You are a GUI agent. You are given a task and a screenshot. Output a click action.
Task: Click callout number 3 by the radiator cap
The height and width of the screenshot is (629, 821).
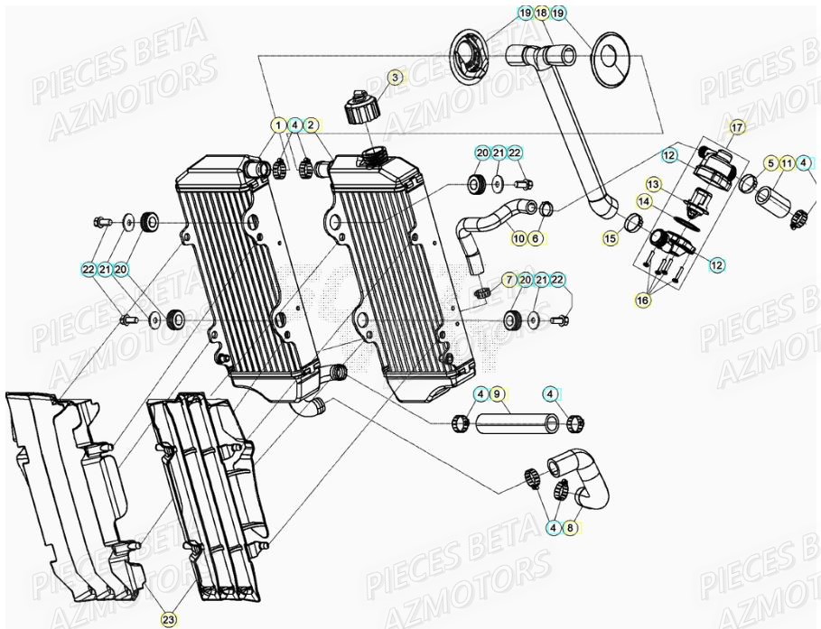point(395,79)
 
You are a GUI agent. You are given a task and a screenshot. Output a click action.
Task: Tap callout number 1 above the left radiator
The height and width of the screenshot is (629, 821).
point(278,125)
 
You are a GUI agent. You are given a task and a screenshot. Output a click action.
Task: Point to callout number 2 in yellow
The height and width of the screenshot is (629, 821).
point(310,125)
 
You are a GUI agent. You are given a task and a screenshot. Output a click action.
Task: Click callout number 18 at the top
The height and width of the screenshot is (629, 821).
point(541,13)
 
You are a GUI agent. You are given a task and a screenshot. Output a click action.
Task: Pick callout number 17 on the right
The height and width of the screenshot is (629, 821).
point(737,127)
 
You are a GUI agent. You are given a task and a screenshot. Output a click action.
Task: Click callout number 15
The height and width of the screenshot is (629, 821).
point(611,238)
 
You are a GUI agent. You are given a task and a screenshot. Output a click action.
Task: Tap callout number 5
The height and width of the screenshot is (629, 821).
point(770,163)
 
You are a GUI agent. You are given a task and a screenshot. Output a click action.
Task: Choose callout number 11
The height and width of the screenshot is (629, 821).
point(788,163)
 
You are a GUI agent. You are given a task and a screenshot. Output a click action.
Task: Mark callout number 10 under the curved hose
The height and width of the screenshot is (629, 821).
point(518,238)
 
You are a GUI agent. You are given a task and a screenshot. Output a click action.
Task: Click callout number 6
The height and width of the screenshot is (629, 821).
point(536,238)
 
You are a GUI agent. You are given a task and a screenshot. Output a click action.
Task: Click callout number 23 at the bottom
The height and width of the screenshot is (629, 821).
point(168,619)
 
